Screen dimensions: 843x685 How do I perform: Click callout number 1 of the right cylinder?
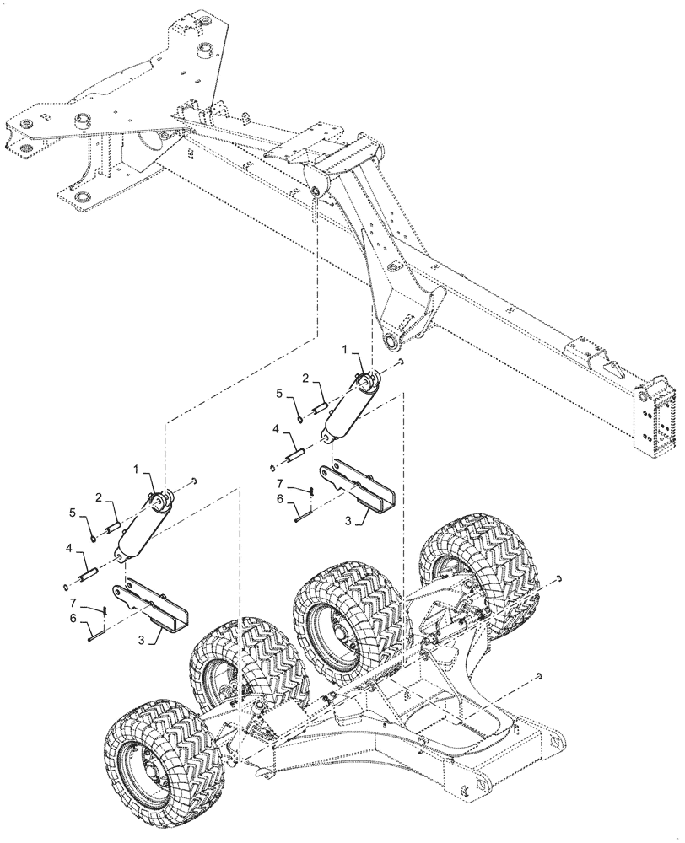point(343,347)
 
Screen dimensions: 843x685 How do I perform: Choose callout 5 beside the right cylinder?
point(279,393)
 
